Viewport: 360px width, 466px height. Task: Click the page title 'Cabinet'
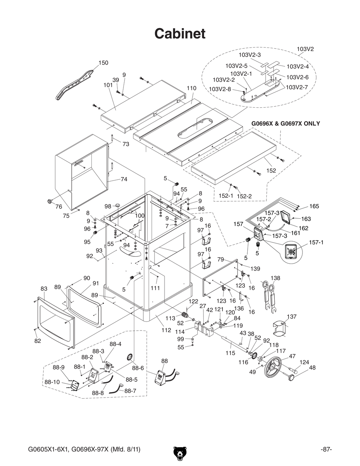[180, 33]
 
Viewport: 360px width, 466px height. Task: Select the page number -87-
[326, 449]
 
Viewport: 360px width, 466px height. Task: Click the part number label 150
[103, 63]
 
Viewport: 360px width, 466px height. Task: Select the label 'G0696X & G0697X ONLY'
[285, 124]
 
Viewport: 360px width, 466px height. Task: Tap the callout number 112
[166, 330]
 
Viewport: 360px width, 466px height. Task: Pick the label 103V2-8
[220, 89]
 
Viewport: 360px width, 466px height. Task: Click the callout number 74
[124, 179]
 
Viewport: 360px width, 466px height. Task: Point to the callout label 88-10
[52, 382]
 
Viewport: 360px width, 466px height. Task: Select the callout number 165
[314, 206]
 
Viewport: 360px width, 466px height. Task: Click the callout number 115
[230, 353]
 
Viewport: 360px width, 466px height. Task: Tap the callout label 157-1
[316, 242]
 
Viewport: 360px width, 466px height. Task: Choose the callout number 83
[44, 288]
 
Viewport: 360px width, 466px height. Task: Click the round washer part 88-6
[129, 357]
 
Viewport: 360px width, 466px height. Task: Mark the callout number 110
[192, 88]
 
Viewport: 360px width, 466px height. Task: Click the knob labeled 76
[49, 201]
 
